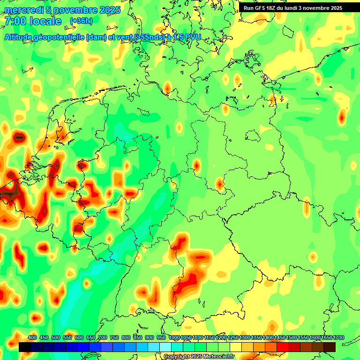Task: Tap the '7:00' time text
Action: [15, 22]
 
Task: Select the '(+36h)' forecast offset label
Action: [81, 21]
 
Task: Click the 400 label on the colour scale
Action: [32, 338]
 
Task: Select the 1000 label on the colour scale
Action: [174, 338]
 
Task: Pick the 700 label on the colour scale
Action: [103, 338]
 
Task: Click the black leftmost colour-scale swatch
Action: [25, 347]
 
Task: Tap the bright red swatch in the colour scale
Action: [283, 347]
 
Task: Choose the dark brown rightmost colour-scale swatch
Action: [330, 347]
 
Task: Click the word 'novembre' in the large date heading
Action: [70, 10]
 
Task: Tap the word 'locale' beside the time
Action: [45, 22]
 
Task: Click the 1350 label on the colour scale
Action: [256, 338]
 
